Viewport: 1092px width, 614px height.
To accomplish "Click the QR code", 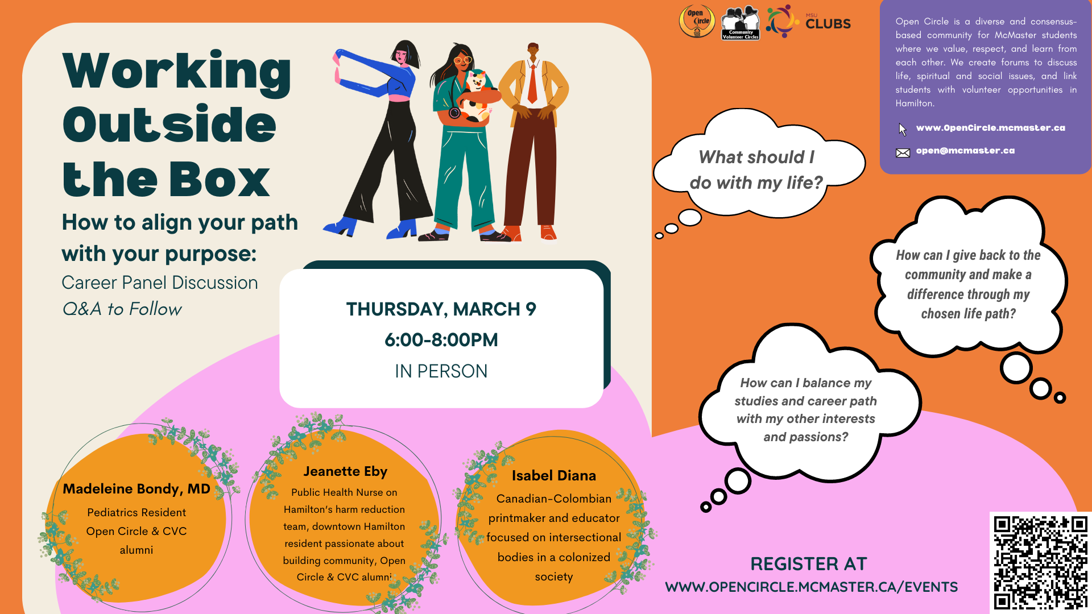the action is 1040,562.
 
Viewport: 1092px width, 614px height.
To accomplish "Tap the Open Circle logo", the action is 697,22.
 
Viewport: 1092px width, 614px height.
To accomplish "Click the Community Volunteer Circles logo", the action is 741,23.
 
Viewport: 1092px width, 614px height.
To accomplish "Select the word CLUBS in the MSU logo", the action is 828,24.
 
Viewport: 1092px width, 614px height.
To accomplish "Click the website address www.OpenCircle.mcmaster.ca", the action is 990,128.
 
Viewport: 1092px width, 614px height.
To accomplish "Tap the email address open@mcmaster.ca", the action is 965,151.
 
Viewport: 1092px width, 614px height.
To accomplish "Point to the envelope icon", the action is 903,152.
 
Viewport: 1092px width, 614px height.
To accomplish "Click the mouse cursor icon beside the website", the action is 903,129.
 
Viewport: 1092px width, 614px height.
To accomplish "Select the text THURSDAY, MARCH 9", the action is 441,309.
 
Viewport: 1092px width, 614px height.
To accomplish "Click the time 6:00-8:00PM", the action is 441,340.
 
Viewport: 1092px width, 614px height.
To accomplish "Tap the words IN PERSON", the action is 441,371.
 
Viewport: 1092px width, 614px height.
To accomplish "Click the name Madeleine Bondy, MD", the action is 136,489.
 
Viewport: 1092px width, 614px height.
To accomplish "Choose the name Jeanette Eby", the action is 345,471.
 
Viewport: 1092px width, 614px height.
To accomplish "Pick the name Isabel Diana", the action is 554,475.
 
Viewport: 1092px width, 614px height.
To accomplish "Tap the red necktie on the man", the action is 532,84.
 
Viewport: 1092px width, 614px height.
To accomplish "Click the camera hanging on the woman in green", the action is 454,112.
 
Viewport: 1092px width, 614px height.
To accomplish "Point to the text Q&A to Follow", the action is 122,309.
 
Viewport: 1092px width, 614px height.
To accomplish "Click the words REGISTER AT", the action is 809,564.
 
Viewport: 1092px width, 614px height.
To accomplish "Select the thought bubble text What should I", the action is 756,157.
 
